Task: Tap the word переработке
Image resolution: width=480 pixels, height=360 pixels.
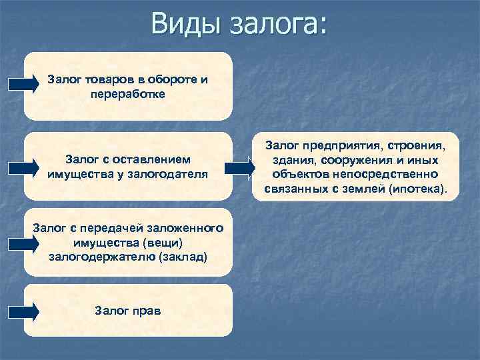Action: [x=127, y=94]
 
